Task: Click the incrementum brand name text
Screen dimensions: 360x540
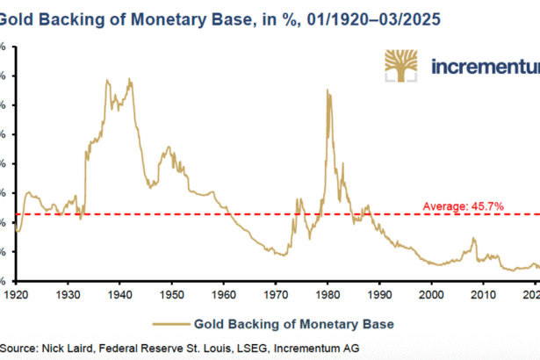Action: click(x=486, y=67)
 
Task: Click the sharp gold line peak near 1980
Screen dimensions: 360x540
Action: click(x=328, y=90)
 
